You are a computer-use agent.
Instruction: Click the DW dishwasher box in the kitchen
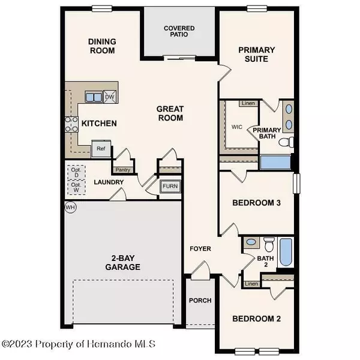tap(110, 97)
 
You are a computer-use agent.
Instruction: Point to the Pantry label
tap(123, 170)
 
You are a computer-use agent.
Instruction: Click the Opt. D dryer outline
tap(76, 172)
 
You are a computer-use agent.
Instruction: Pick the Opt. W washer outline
tap(76, 188)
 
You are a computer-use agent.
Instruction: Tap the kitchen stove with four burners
tap(71, 125)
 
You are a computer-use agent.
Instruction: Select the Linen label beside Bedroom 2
tap(252, 283)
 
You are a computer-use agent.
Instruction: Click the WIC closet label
tap(236, 127)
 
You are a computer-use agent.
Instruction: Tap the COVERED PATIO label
tap(178, 32)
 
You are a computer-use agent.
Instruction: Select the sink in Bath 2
tap(252, 243)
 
